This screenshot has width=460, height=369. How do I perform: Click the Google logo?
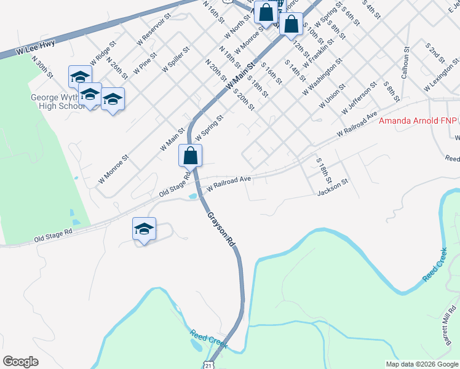click(20, 362)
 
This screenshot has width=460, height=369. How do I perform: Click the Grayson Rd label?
click(221, 229)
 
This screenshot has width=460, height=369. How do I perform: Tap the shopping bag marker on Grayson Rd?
click(191, 156)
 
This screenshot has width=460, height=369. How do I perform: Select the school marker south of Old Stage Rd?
click(144, 230)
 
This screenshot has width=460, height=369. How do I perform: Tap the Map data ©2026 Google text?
click(421, 364)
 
